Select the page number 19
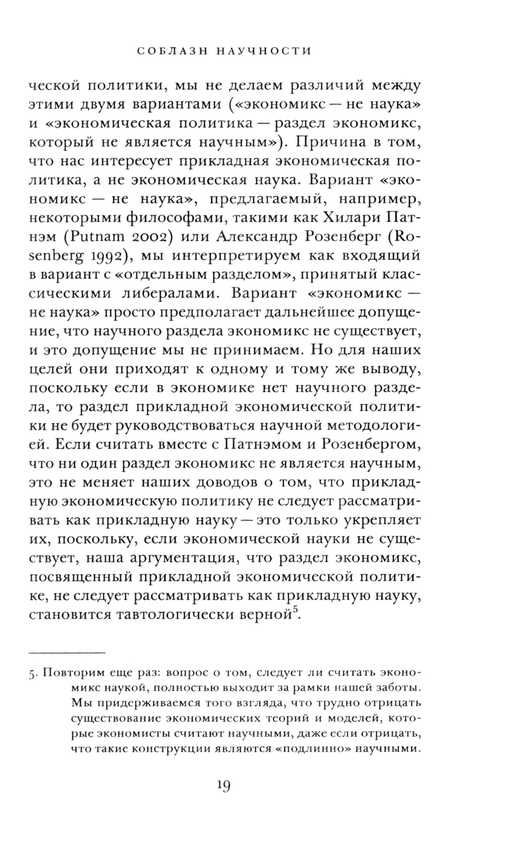223,785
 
